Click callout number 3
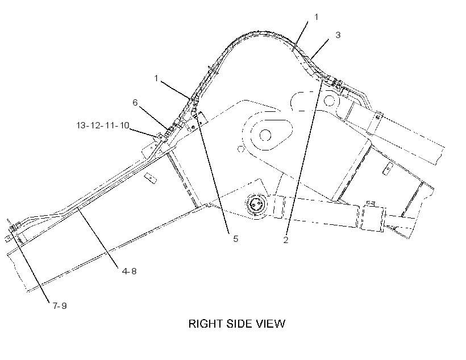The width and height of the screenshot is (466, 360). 338,35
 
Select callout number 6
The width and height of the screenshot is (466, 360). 135,102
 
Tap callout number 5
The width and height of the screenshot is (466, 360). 236,239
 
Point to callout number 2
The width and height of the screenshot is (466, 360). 286,240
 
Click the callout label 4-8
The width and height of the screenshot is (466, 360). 129,271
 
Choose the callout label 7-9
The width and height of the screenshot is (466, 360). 60,305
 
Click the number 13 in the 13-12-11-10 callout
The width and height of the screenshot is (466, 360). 81,125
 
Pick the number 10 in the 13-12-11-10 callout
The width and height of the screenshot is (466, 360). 124,125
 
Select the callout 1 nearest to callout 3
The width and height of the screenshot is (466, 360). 316,17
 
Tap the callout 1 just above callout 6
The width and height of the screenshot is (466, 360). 156,78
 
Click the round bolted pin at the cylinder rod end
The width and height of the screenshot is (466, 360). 255,204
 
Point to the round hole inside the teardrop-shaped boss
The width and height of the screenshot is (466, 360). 265,136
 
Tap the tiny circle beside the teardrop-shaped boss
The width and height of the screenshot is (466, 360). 241,149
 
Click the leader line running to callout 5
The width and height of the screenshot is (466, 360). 213,174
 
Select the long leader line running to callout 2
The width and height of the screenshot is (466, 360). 303,157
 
